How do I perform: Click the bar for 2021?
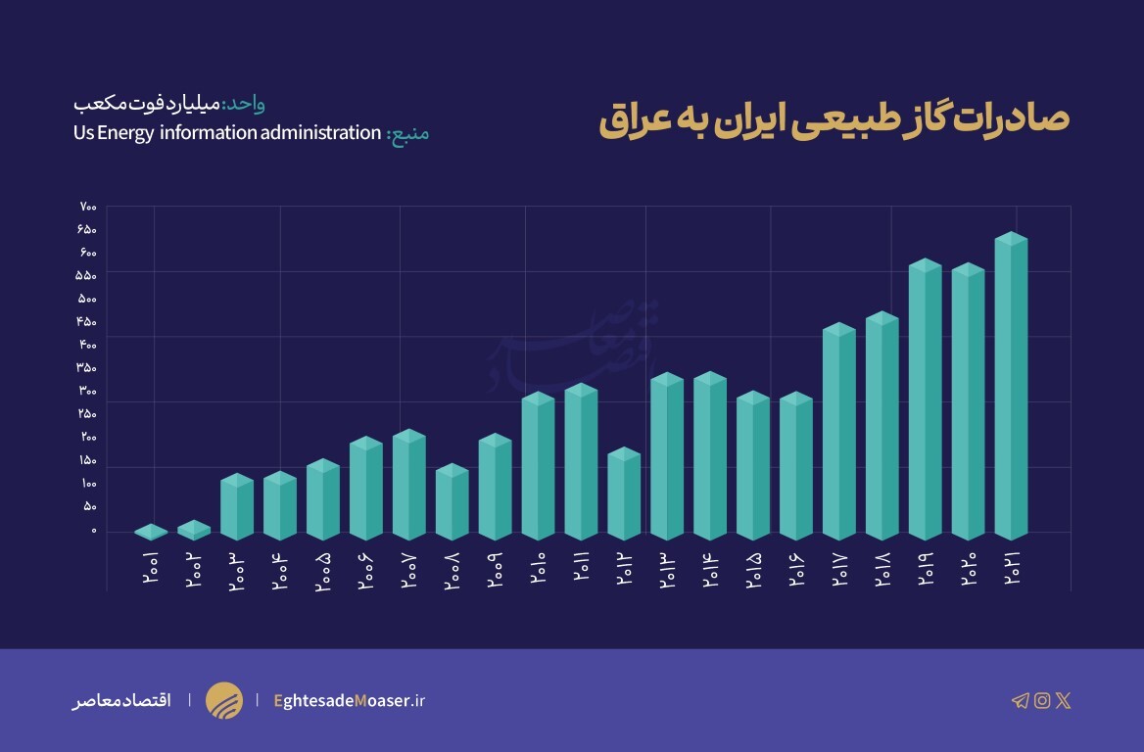tap(1011, 387)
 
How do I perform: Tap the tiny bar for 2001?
tap(151, 532)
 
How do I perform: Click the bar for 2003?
tap(237, 507)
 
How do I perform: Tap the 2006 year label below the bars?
tap(366, 569)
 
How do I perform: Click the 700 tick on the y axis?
tap(88, 207)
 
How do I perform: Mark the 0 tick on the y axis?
tap(94, 531)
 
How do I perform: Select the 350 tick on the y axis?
tap(88, 368)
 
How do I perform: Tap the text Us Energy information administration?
tap(226, 132)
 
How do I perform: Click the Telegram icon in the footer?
tap(1021, 700)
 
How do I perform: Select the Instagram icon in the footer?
tap(1042, 700)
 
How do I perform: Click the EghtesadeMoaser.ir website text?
tap(350, 700)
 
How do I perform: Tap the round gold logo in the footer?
tap(224, 700)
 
